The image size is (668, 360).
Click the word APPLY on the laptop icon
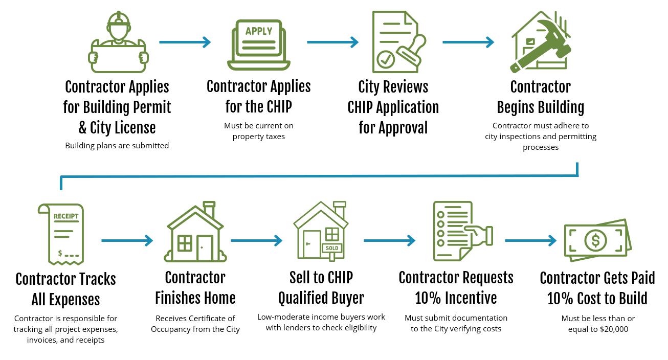[259, 31]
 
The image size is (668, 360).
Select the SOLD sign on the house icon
[332, 249]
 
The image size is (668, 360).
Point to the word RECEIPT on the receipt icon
[66, 216]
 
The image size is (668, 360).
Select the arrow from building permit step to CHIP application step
[185, 42]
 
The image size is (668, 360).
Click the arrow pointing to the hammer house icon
[468, 42]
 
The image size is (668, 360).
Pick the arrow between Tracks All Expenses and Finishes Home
[127, 240]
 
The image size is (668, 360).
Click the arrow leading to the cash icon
[530, 240]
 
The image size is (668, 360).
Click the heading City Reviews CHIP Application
[393, 107]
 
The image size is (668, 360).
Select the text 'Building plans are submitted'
[117, 146]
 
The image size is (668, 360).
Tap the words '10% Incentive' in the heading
[456, 298]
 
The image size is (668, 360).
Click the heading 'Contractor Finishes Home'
[195, 288]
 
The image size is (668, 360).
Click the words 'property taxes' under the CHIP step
[258, 137]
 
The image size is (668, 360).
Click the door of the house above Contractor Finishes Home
[205, 248]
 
